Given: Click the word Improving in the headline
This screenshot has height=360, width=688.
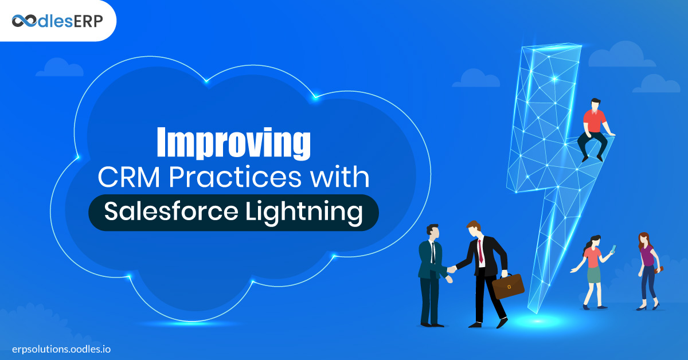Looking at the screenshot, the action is click(233, 143).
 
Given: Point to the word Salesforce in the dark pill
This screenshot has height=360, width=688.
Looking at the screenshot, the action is click(171, 211).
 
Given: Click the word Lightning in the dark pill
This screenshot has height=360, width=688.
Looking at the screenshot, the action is click(304, 213).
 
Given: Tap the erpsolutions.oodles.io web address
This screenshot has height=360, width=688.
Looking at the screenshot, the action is click(61, 349).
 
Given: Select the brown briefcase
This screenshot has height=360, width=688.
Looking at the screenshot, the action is click(508, 286).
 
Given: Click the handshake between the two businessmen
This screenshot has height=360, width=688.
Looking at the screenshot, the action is click(452, 269).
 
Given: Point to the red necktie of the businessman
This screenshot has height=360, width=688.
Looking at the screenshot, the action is click(480, 251).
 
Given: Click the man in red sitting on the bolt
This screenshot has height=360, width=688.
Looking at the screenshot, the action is click(595, 130).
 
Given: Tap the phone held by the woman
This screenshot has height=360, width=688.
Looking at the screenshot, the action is click(613, 249).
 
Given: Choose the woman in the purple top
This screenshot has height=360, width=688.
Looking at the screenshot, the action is click(648, 271).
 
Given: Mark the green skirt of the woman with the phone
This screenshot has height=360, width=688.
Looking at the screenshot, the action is click(594, 275).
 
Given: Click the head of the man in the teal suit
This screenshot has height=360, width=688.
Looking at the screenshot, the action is click(433, 231).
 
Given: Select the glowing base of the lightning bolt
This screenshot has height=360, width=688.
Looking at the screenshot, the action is click(538, 321).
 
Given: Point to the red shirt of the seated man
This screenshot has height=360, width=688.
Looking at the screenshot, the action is click(595, 121).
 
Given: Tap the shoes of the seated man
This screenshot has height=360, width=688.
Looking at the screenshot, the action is click(592, 158).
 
